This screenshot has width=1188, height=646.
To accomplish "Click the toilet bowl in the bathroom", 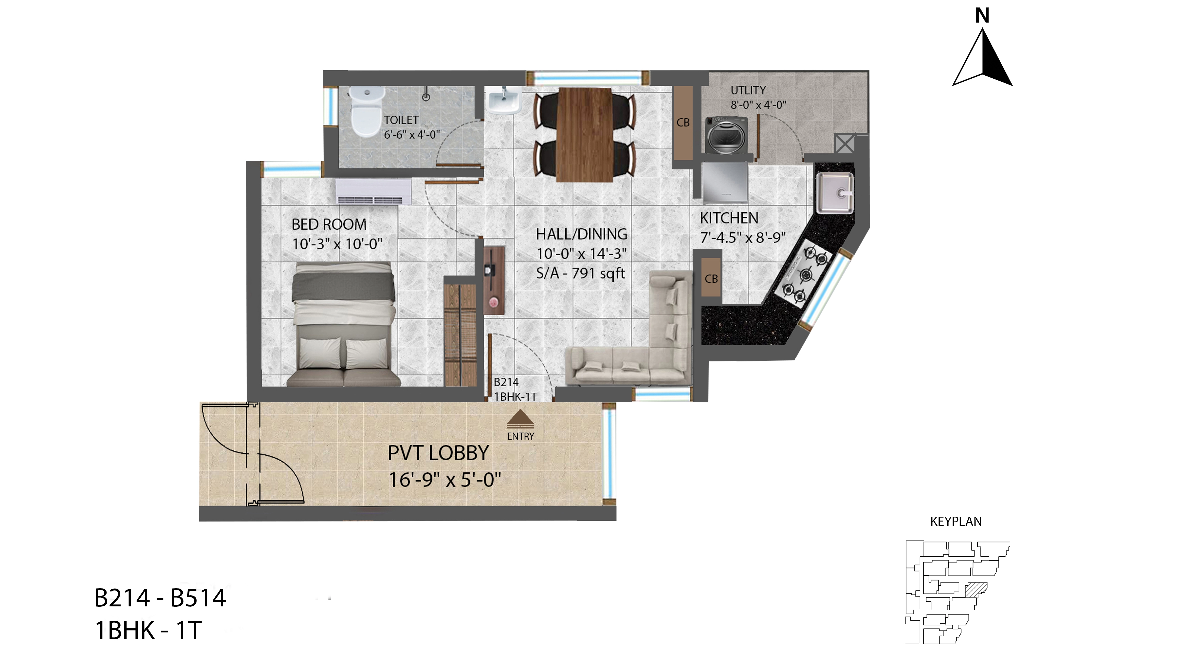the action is (x=367, y=112).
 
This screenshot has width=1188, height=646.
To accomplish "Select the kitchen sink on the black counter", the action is (x=835, y=192).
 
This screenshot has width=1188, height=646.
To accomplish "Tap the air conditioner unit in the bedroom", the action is (x=374, y=192).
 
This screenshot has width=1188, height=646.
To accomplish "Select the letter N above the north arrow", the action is (x=982, y=16).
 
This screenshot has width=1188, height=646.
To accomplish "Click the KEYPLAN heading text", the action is (x=956, y=522).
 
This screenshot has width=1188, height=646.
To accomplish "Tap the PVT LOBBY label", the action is (x=438, y=453).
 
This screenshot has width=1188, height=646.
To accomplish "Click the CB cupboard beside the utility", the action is (x=683, y=123).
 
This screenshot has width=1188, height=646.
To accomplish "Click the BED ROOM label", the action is (x=329, y=225).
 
